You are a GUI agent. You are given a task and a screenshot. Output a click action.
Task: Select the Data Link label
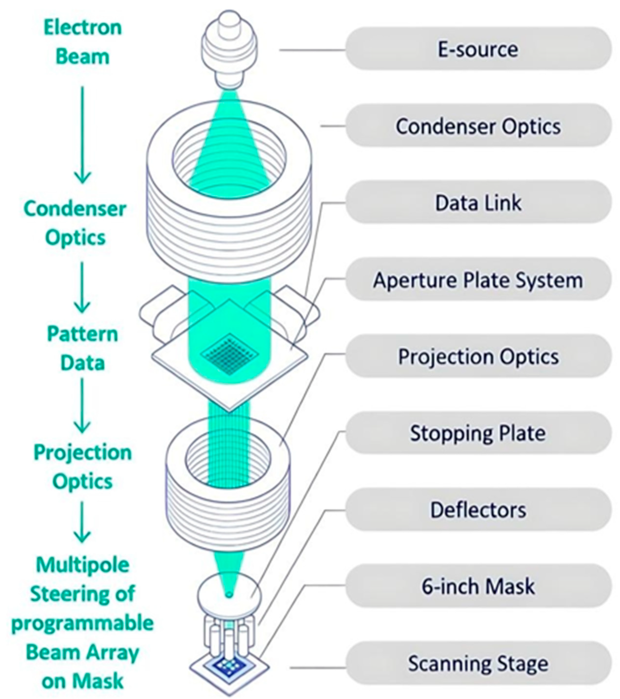click(478, 202)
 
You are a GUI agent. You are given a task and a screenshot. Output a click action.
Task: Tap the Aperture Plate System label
click(478, 280)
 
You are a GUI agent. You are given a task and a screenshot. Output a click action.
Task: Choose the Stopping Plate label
click(478, 433)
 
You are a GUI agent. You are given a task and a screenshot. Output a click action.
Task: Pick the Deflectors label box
click(478, 510)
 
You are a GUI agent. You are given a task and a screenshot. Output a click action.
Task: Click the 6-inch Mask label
click(478, 586)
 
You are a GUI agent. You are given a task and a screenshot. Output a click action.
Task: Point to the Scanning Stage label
click(478, 663)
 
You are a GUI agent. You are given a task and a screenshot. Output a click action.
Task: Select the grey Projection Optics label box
click(478, 356)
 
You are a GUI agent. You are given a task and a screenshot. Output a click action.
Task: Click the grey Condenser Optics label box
click(478, 126)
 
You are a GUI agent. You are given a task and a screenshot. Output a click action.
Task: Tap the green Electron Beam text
click(83, 42)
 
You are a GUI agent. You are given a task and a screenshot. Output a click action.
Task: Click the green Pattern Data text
click(83, 348)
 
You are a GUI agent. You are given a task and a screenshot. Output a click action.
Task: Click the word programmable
click(83, 623)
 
